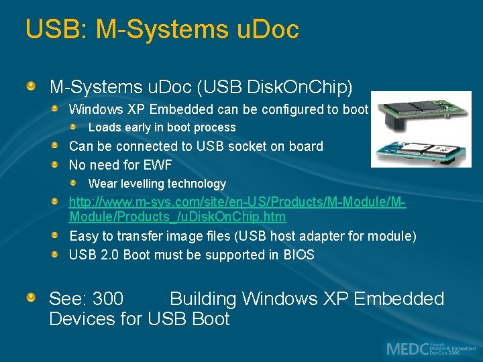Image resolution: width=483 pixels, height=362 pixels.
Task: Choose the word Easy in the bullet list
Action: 84,236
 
